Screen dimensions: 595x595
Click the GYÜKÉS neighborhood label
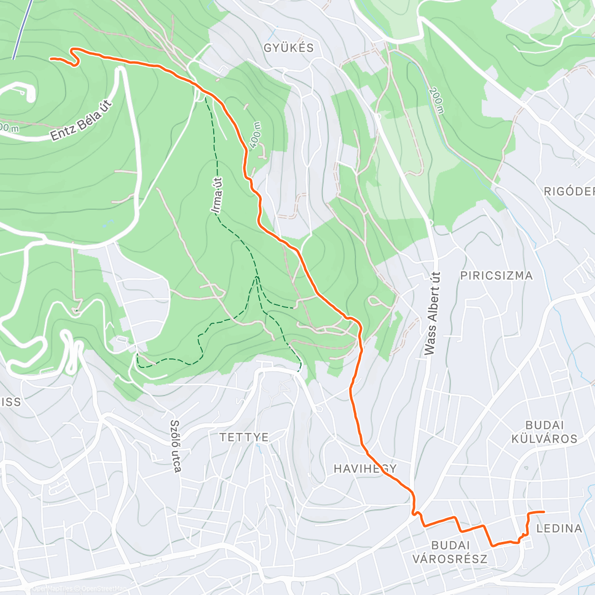pyautogui.click(x=289, y=48)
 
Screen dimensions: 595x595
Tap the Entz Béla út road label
pyautogui.click(x=82, y=120)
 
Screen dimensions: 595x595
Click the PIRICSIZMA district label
pyautogui.click(x=496, y=276)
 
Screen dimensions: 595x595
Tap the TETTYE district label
pyautogui.click(x=244, y=437)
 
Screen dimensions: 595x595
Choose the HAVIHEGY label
pyautogui.click(x=365, y=469)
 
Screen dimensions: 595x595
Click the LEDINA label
pyautogui.click(x=559, y=529)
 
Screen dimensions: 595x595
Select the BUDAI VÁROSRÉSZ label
pyautogui.click(x=450, y=552)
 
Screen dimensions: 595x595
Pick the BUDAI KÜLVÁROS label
pyautogui.click(x=551, y=432)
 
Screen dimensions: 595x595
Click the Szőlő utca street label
pyautogui.click(x=175, y=446)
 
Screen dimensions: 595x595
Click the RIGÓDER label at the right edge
pyautogui.click(x=569, y=192)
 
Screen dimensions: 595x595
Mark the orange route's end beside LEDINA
pyautogui.click(x=543, y=512)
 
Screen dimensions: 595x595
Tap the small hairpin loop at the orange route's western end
pyautogui.click(x=76, y=56)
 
